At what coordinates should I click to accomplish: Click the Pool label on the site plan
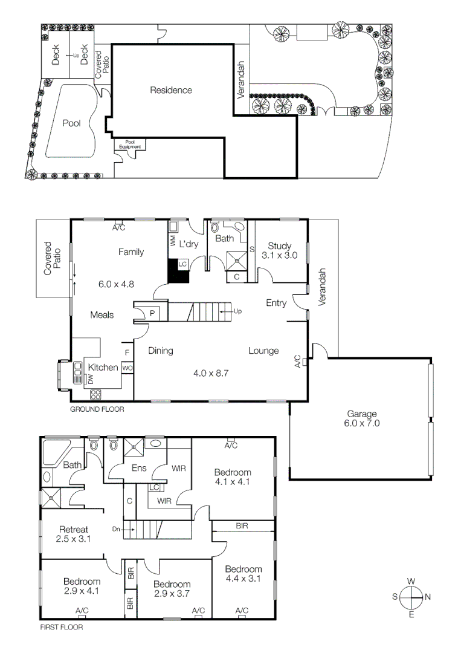(x=71, y=123)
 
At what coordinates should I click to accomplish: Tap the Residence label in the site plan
(x=171, y=90)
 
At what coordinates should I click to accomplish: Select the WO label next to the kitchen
(x=127, y=367)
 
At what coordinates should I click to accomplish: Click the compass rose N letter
(x=428, y=596)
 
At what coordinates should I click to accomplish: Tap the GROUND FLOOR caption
(x=97, y=409)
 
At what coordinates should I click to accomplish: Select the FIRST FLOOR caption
(x=61, y=628)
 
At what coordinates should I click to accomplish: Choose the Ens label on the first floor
(x=139, y=467)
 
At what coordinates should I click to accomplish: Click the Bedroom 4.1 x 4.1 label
(x=233, y=477)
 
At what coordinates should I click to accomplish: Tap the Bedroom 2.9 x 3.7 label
(x=172, y=589)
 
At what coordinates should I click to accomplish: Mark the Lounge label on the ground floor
(x=263, y=351)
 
